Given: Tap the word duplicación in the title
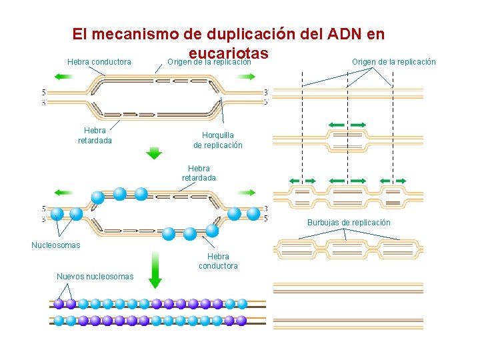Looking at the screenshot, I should [x=247, y=33].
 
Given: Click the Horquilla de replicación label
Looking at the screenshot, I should [x=218, y=140].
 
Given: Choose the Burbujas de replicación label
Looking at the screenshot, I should [x=349, y=223].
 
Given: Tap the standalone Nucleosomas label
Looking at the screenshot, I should [x=56, y=245].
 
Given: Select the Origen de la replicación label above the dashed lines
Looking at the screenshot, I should [x=394, y=62].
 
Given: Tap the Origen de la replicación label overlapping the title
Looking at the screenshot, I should [x=209, y=62].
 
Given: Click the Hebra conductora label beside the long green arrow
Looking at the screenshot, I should [x=218, y=261].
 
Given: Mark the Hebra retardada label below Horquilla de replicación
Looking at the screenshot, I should [x=199, y=173].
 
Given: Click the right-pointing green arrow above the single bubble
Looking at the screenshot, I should [x=359, y=125].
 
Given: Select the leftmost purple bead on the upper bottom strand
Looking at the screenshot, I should [x=59, y=303].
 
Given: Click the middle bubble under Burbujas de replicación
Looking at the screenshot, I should [x=347, y=250].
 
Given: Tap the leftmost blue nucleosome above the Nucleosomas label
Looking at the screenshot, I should [x=58, y=214].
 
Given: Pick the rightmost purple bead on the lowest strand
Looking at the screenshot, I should [x=241, y=321].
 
